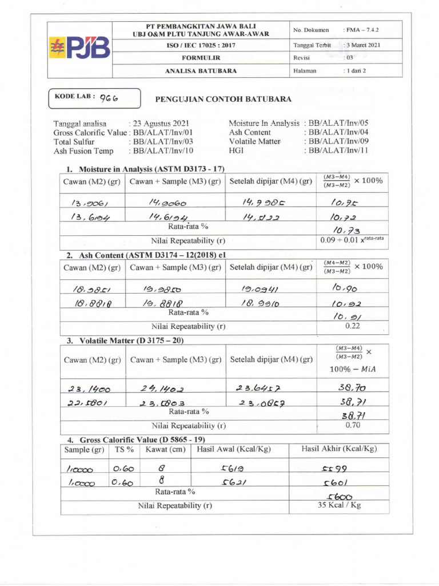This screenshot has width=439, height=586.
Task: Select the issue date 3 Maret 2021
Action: (x=363, y=45)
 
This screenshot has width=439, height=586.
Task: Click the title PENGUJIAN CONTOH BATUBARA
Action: (x=224, y=99)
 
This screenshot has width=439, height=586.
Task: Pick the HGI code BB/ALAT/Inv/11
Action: (x=338, y=151)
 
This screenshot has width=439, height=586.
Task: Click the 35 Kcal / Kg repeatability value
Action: (x=339, y=505)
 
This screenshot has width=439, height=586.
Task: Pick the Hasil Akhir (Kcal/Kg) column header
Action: (x=339, y=449)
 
